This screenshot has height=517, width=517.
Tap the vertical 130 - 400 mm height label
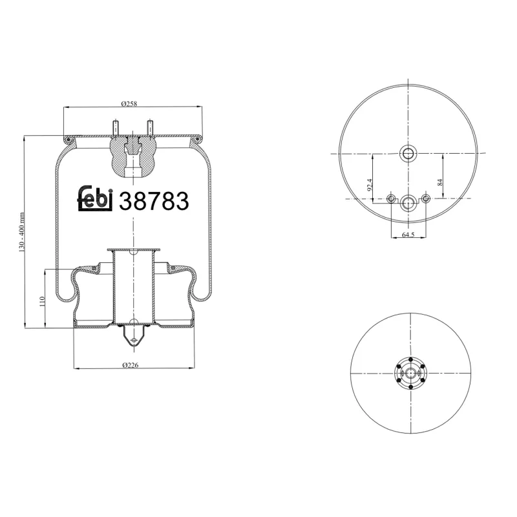(22, 233)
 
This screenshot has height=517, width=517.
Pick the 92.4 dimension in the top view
(370, 184)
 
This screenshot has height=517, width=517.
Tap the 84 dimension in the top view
(440, 183)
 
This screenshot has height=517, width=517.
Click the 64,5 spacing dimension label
(408, 235)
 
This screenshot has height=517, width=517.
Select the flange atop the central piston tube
(132, 250)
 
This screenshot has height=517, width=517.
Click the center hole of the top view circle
(408, 154)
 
